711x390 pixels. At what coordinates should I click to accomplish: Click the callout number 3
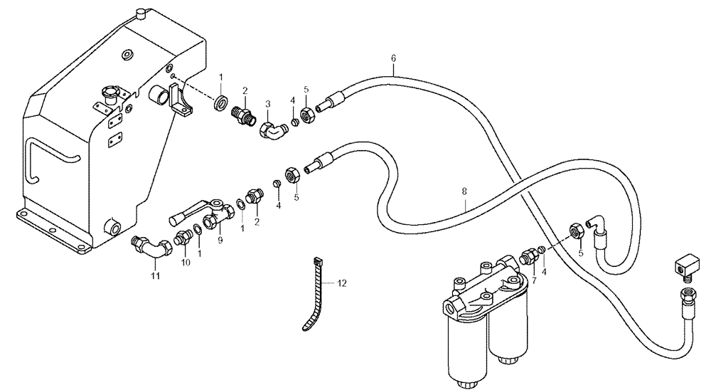click(x=268, y=103)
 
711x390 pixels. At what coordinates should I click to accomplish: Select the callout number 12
click(x=342, y=283)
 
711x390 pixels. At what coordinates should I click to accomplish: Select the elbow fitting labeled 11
click(x=148, y=246)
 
